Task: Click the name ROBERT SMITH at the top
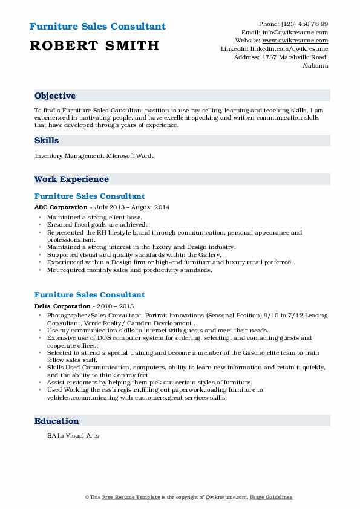pyautogui.click(x=94, y=45)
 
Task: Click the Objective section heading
pyautogui.click(x=55, y=96)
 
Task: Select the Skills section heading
pyautogui.click(x=47, y=141)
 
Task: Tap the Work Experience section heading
pyautogui.click(x=71, y=180)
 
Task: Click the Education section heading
pyautogui.click(x=56, y=421)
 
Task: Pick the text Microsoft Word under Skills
pyautogui.click(x=130, y=156)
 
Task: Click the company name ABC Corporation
pyautogui.click(x=61, y=207)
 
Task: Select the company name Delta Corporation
pyautogui.click(x=63, y=306)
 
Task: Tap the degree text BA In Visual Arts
pyautogui.click(x=73, y=435)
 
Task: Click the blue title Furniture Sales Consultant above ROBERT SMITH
pyautogui.click(x=97, y=27)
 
